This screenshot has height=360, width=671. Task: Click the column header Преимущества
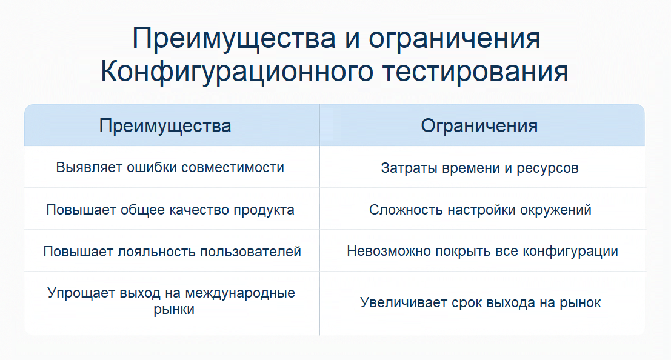165,125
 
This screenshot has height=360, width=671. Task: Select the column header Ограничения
479,125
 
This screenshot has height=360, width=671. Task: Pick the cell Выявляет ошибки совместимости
170,167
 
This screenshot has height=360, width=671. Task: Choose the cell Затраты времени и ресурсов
479,168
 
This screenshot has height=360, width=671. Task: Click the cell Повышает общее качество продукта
170,210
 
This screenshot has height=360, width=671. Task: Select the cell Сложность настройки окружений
480,210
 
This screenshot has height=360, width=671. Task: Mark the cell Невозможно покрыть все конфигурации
482,251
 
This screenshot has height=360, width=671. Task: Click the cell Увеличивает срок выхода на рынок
481,302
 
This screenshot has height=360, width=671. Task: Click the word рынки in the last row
172,309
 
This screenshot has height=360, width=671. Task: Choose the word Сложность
406,210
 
